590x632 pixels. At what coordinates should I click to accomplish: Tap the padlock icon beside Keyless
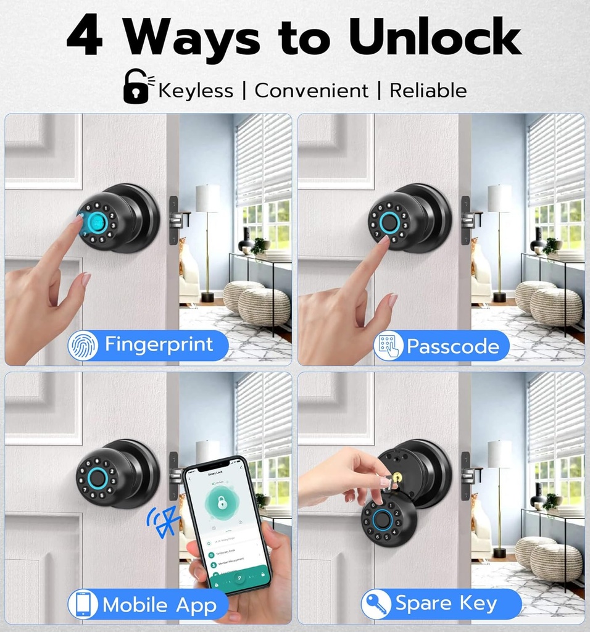coord(136,87)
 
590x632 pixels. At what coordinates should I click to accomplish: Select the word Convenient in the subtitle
coord(311,91)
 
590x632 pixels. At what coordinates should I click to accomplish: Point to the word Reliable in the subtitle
coord(428,91)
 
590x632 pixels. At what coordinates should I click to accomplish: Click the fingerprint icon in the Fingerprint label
coord(83,346)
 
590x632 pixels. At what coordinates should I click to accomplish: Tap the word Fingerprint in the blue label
coord(159,344)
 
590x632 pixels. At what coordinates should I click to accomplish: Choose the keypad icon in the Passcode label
coord(388,346)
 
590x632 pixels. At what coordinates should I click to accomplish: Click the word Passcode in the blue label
coord(452,346)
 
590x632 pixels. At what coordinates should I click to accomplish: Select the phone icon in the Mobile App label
coord(83,604)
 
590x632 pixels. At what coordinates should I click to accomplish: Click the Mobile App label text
coord(159,605)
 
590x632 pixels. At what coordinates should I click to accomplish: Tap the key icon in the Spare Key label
coord(376,604)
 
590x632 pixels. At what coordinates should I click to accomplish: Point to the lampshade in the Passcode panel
coord(499,198)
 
